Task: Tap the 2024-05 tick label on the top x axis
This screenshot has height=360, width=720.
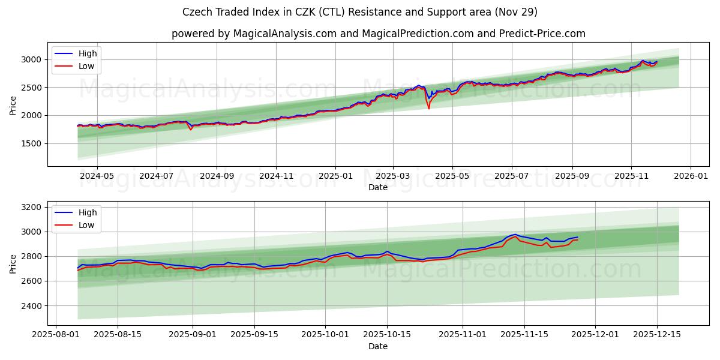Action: point(97,176)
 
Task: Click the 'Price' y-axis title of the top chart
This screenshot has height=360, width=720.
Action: point(13,104)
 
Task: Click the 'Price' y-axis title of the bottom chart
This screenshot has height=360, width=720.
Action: point(13,263)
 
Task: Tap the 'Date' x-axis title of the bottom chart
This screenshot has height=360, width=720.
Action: point(378,346)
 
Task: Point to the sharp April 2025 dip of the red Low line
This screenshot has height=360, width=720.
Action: point(428,108)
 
